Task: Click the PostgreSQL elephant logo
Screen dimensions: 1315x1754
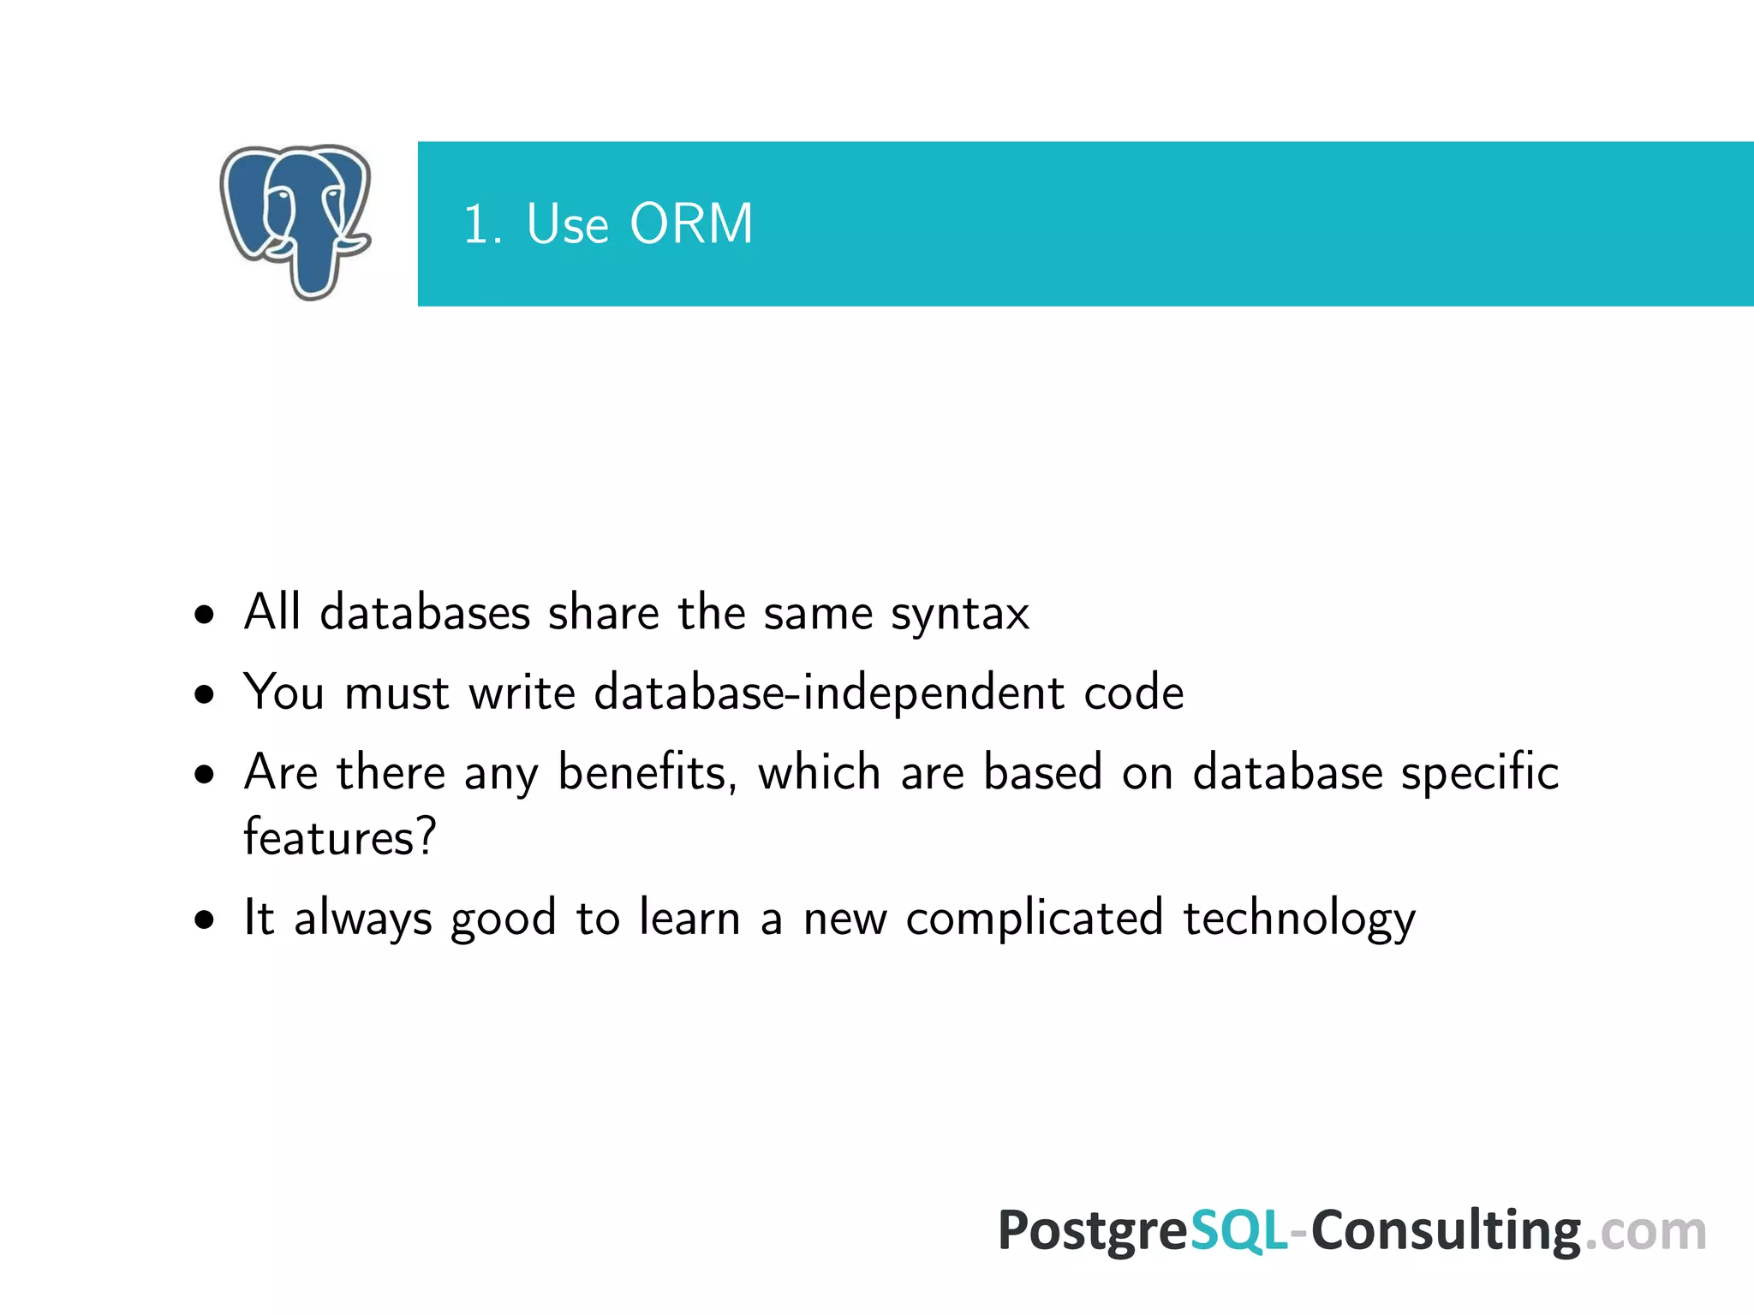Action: click(x=295, y=222)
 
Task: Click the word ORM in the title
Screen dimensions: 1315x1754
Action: click(x=691, y=224)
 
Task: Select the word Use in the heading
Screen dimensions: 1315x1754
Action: click(x=567, y=224)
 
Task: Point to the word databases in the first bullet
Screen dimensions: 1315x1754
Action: click(x=425, y=613)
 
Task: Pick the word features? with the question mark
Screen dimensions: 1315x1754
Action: click(x=340, y=837)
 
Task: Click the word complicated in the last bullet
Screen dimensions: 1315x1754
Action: click(x=1035, y=918)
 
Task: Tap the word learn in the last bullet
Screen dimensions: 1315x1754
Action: click(x=689, y=918)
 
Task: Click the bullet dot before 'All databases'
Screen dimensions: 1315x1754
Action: click(x=204, y=615)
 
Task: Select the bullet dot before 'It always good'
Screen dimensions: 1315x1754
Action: click(x=204, y=920)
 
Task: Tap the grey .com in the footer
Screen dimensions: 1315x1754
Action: click(x=1644, y=1231)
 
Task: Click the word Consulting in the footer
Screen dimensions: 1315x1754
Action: click(x=1446, y=1231)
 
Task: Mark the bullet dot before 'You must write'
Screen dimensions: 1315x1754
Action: click(x=204, y=694)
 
